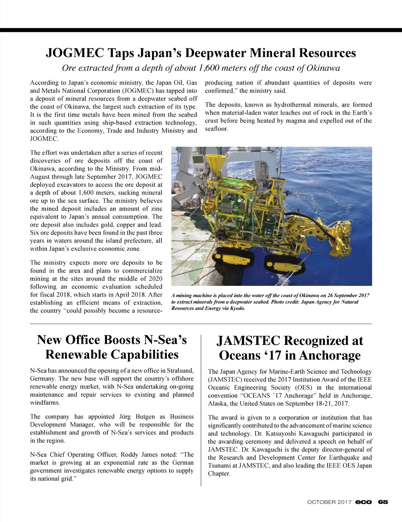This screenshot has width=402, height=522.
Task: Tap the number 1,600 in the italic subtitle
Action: [210, 68]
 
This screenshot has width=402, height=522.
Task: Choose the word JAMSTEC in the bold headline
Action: [248, 341]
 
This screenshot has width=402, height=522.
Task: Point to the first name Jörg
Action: [125, 417]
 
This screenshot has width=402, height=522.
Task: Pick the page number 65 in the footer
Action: [383, 502]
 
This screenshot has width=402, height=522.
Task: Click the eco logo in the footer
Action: [363, 502]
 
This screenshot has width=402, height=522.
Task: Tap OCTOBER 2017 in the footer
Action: [329, 502]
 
